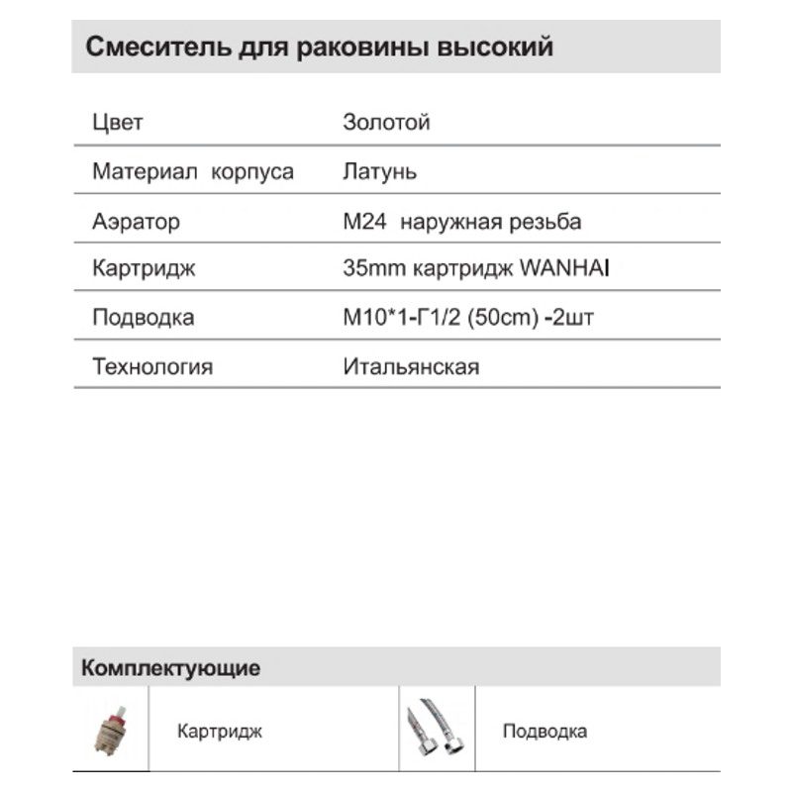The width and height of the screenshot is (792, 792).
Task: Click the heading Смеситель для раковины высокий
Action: click(x=320, y=48)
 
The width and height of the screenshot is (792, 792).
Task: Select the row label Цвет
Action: click(x=118, y=123)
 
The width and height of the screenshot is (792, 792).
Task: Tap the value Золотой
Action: click(x=386, y=123)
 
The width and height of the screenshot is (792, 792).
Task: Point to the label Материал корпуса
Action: click(x=193, y=171)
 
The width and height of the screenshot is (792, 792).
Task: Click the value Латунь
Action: click(x=379, y=171)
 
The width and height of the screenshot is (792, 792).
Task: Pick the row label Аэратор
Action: click(x=137, y=221)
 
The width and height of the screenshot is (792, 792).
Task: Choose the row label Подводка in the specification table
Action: click(x=143, y=318)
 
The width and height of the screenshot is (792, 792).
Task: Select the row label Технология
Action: click(x=152, y=367)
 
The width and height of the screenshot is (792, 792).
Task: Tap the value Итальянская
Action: click(x=411, y=367)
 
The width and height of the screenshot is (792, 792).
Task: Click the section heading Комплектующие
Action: click(x=171, y=667)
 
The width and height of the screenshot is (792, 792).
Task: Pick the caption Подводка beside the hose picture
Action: click(x=544, y=732)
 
